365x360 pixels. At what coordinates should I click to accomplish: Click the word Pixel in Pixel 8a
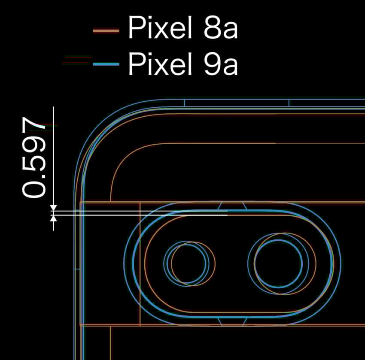[x=160, y=27]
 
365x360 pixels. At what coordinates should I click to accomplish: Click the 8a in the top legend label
[x=221, y=27]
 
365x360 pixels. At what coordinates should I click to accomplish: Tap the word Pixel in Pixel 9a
[x=160, y=63]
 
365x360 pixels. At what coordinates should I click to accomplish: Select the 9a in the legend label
[x=221, y=64]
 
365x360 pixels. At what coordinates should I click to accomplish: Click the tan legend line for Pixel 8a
[x=106, y=31]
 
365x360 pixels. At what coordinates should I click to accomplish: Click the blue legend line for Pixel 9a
[x=106, y=64]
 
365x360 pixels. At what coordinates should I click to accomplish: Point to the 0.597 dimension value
[x=34, y=157]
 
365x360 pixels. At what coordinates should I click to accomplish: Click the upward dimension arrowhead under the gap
[x=54, y=218]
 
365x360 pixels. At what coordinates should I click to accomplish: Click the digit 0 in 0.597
[x=34, y=190]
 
